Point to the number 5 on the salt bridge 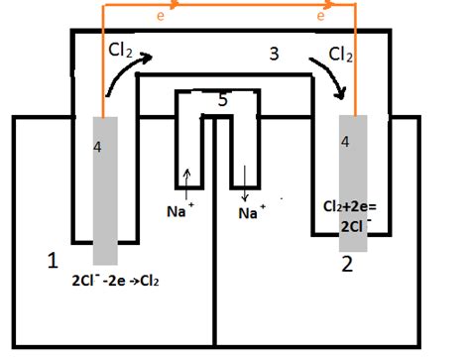point(222,99)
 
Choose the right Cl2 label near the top point(342,53)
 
